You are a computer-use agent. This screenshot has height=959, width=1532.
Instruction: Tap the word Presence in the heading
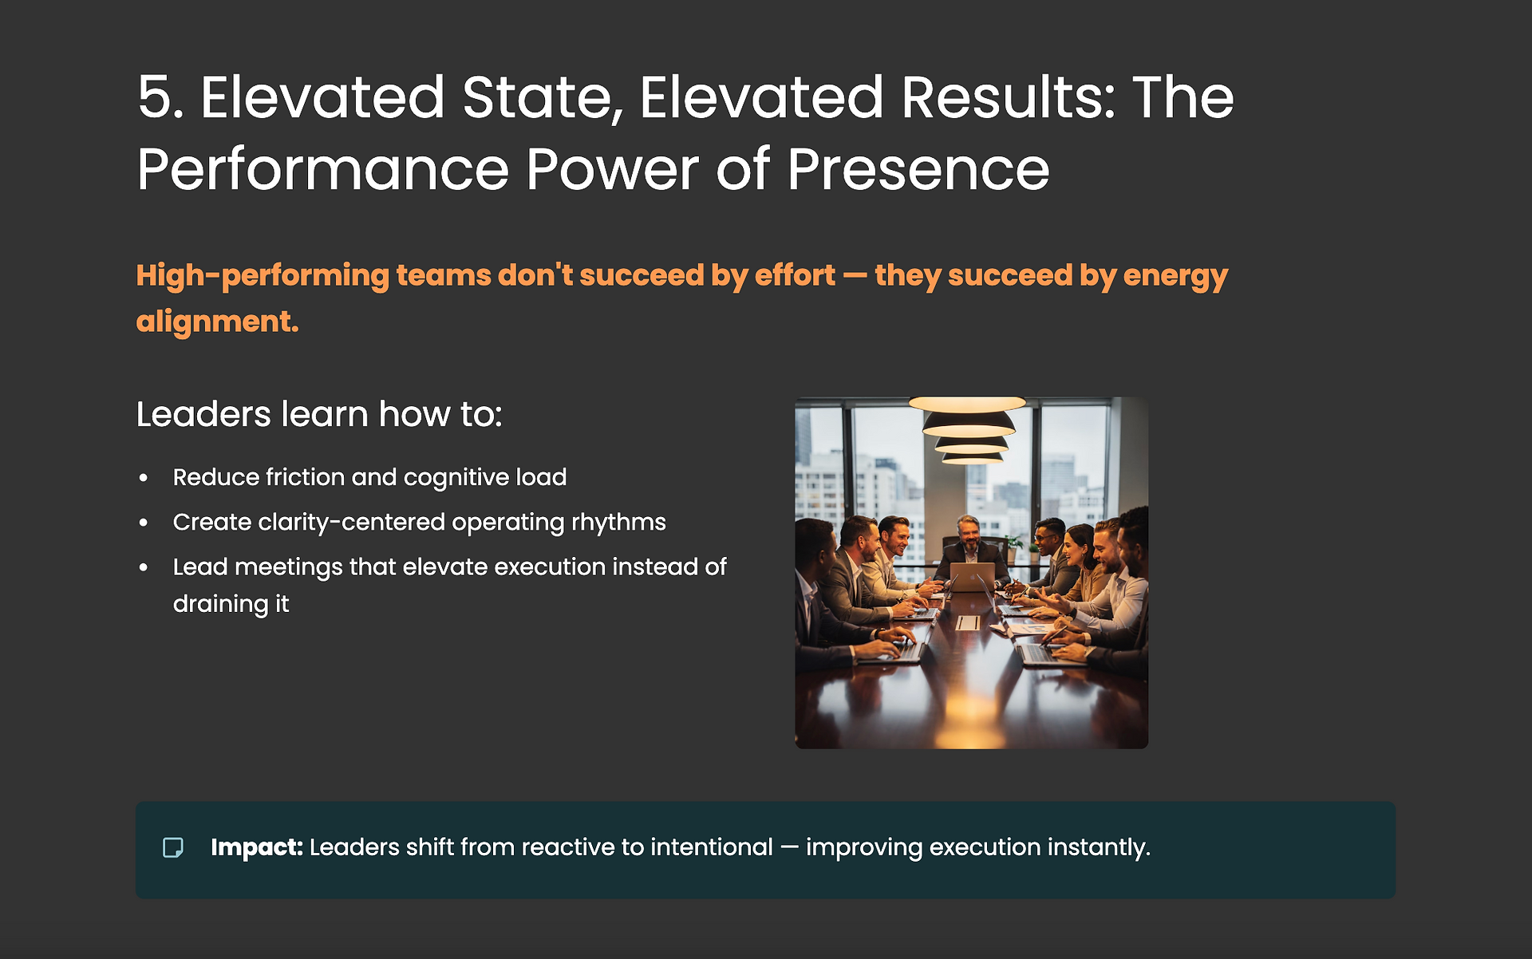click(918, 169)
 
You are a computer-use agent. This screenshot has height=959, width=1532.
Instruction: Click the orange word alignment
click(217, 322)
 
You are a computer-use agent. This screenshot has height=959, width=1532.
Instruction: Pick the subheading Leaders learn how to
click(319, 414)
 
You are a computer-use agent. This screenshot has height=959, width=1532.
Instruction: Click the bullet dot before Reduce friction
click(144, 478)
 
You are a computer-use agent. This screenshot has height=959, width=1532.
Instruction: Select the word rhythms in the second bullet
click(618, 523)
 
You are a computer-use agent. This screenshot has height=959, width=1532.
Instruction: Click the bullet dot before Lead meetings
click(144, 567)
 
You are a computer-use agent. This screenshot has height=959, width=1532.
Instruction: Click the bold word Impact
click(257, 847)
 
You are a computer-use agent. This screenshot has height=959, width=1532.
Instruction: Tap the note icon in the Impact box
click(173, 847)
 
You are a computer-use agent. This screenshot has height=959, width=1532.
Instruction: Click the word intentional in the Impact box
click(712, 847)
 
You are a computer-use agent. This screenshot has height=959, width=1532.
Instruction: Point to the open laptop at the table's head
click(972, 577)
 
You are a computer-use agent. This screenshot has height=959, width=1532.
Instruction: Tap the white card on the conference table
click(968, 623)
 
